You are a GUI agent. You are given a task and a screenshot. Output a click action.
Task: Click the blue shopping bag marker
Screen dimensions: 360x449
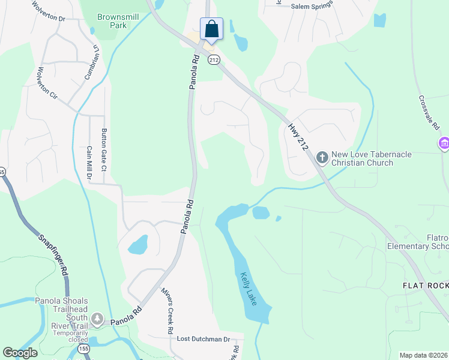(211, 29)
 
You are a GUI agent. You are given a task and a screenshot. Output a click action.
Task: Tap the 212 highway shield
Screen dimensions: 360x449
(214, 59)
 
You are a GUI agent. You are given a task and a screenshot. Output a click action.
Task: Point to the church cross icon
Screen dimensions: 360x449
(322, 158)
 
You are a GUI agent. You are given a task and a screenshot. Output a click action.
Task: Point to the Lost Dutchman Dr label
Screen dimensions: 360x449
(203, 339)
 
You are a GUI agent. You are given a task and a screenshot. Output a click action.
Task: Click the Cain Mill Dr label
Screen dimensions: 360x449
(89, 163)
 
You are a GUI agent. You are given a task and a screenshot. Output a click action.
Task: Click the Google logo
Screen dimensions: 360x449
(20, 353)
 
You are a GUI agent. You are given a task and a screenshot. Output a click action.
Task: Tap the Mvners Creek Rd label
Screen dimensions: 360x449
(166, 310)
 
